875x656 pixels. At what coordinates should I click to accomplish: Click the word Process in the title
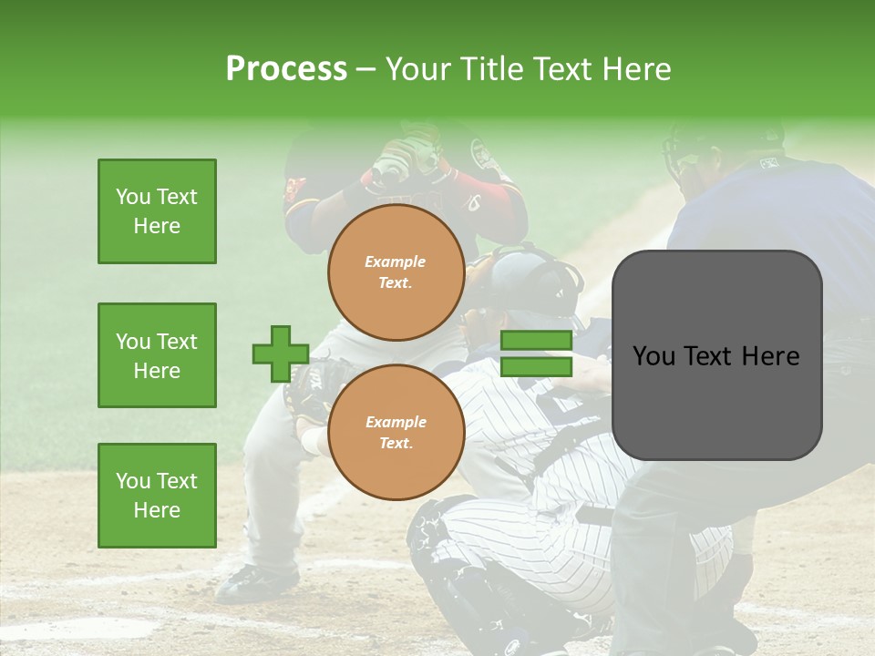[286, 69]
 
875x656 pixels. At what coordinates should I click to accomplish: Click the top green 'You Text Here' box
[157, 211]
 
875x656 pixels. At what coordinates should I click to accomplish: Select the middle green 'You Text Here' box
[157, 355]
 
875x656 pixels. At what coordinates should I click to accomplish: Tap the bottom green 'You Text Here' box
[157, 496]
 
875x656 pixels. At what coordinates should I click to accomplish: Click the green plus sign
[281, 354]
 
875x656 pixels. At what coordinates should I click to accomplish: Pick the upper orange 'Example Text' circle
[396, 272]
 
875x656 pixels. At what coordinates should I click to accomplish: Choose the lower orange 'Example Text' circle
[396, 432]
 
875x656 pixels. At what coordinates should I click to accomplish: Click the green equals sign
[536, 354]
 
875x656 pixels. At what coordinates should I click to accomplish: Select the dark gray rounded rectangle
[716, 355]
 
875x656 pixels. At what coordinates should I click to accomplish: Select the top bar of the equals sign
[536, 341]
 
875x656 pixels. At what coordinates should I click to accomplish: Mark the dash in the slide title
[365, 70]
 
